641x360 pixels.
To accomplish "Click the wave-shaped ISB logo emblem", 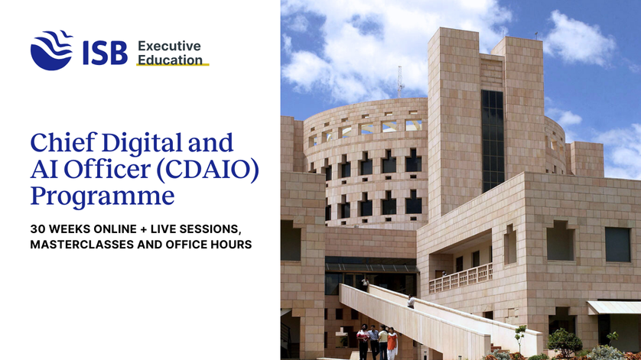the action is tap(51, 50).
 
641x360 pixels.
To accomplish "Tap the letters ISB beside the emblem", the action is tap(105, 54).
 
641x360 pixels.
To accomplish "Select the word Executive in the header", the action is tap(169, 46).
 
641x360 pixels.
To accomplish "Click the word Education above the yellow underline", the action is tap(170, 60).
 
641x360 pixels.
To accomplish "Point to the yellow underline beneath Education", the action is tap(173, 64).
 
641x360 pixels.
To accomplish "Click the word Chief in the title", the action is tap(63, 142).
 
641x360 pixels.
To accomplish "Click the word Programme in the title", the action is tap(102, 197).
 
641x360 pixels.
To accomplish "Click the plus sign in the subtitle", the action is tap(143, 229).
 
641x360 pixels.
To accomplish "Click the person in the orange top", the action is tap(392, 343).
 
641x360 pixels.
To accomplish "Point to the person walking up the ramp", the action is tap(411, 302).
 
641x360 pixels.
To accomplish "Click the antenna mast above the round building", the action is tap(400, 82).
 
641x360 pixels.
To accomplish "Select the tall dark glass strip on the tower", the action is tap(493, 141).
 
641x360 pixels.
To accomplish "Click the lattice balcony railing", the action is tap(460, 278).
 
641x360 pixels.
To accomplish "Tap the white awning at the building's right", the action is tap(614, 308).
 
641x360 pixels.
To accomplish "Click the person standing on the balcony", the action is tap(444, 274).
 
